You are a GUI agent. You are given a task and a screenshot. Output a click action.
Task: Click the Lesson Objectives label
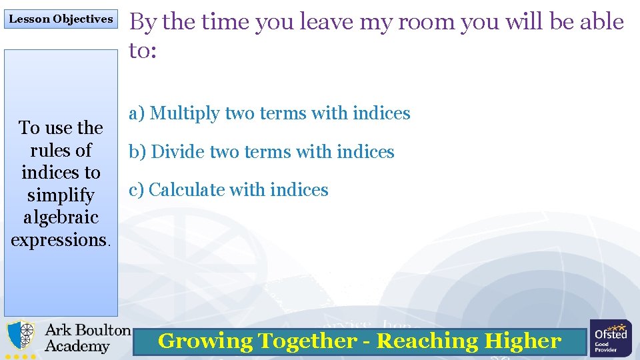(x=61, y=19)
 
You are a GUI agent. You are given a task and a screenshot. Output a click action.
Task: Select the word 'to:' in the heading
(x=143, y=50)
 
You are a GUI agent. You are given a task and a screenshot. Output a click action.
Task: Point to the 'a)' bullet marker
(x=137, y=113)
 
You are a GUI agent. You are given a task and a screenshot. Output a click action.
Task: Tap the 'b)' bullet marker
(x=137, y=152)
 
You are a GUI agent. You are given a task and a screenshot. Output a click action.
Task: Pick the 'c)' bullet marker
(x=137, y=190)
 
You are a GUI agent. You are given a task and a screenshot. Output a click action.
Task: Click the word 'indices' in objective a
(x=381, y=113)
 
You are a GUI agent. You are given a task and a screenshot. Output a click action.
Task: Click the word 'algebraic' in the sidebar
(x=61, y=217)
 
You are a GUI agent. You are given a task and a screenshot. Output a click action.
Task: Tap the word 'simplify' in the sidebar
(x=61, y=195)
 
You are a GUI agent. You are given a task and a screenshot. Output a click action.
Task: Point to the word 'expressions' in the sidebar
(x=59, y=240)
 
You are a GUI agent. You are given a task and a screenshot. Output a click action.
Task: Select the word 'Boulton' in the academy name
(x=102, y=330)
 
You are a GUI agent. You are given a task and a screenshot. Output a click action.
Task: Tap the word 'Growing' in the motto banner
(x=205, y=341)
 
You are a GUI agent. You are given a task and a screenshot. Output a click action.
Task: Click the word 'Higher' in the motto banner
(x=523, y=341)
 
